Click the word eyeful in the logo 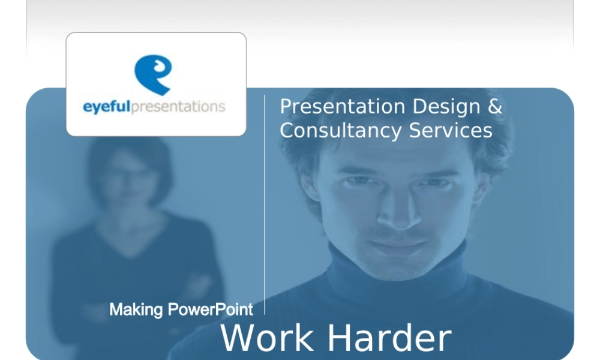pyautogui.click(x=106, y=107)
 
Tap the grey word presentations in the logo pyautogui.click(x=178, y=107)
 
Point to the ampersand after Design pyautogui.click(x=495, y=107)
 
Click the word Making pyautogui.click(x=136, y=310)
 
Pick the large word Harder pyautogui.click(x=389, y=338)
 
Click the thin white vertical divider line pyautogui.click(x=265, y=204)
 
